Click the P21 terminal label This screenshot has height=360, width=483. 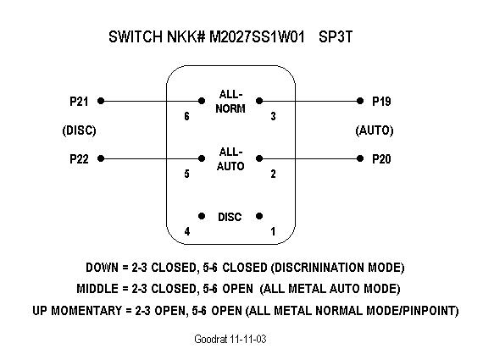coord(79,101)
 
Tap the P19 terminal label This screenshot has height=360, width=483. coord(381,101)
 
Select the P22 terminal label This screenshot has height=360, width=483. coord(79,159)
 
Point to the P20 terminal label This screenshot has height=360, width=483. coord(381,159)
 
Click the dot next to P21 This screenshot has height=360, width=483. coord(101,101)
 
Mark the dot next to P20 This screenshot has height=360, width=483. coord(360,158)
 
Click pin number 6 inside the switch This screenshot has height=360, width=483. coord(186,116)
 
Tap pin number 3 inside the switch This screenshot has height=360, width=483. coord(273,116)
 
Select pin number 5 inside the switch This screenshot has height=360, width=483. coord(186,174)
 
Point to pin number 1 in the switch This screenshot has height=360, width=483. coord(273,231)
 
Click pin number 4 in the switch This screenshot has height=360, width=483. coord(187,231)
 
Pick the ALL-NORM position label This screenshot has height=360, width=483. coord(230,102)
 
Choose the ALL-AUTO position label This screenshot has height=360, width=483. coord(230,159)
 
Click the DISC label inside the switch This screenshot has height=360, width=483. coord(230,217)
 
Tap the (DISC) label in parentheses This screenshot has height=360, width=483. coord(79,130)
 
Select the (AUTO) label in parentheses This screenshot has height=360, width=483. coord(375,130)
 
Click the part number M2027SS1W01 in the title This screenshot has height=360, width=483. coord(258,36)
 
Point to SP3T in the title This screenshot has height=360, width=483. coord(336,36)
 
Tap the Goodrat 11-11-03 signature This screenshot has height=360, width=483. coord(230,339)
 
